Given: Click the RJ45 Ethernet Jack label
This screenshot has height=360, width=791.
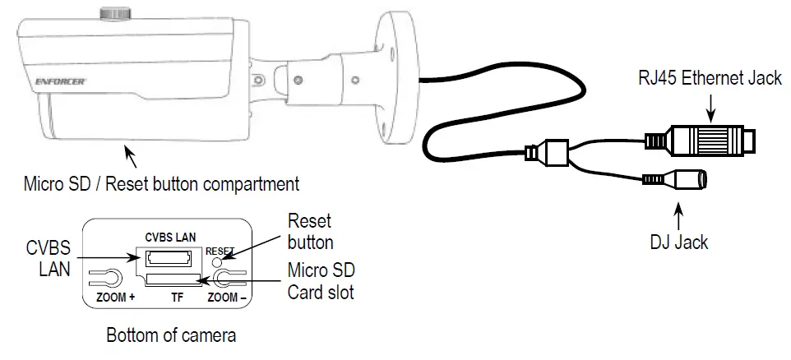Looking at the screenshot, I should [x=709, y=80].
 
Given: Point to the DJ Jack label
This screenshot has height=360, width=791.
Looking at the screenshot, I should [x=679, y=242].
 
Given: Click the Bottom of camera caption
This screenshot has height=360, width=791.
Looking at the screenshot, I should [x=171, y=335].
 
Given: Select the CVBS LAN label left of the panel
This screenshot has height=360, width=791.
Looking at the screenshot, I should [x=48, y=257].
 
